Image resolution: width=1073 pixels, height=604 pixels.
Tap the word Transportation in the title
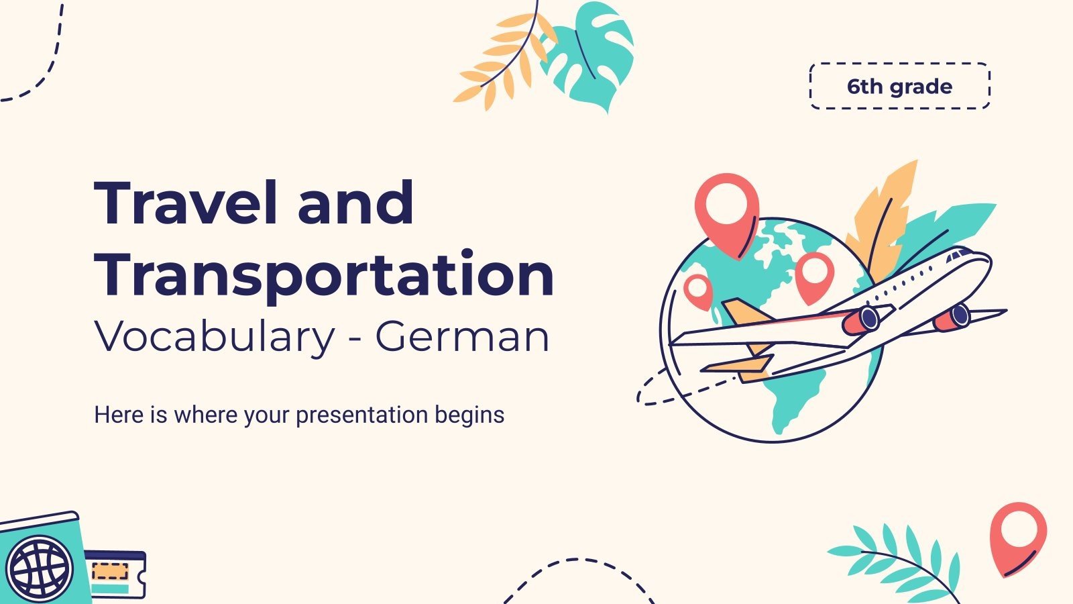(324, 275)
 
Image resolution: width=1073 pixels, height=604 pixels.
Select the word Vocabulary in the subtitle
(214, 337)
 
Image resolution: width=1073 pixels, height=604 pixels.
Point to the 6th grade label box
(899, 87)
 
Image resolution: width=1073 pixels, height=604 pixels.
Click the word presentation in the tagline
(361, 415)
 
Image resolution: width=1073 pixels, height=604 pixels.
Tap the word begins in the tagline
(469, 415)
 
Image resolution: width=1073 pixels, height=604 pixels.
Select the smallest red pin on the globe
(698, 291)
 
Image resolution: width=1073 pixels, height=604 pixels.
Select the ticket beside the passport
(115, 574)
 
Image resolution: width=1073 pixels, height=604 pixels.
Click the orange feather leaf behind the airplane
(883, 221)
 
